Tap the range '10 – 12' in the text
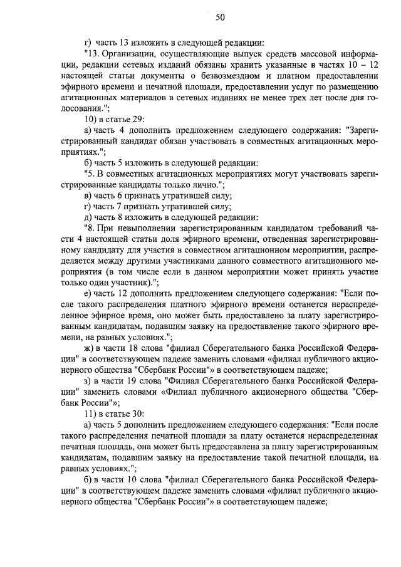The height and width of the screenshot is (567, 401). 362,65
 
